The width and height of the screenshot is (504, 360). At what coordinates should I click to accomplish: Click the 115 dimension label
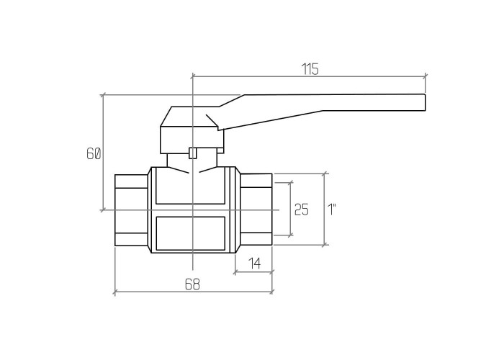(x=310, y=69)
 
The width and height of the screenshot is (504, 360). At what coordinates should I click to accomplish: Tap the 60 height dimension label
(x=94, y=153)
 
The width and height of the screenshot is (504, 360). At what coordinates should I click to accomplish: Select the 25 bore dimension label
(x=302, y=210)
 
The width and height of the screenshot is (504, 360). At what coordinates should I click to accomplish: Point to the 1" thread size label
(x=332, y=210)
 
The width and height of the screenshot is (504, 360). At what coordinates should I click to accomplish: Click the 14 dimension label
(x=255, y=264)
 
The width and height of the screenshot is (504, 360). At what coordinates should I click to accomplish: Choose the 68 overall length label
(x=192, y=284)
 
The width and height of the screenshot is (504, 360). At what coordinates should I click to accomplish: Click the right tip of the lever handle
(x=426, y=102)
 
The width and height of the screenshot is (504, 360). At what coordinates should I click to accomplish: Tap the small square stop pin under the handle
(x=192, y=153)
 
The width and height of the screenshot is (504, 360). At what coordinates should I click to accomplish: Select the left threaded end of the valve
(x=132, y=210)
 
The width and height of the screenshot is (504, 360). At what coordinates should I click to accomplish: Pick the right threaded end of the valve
(x=256, y=210)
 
